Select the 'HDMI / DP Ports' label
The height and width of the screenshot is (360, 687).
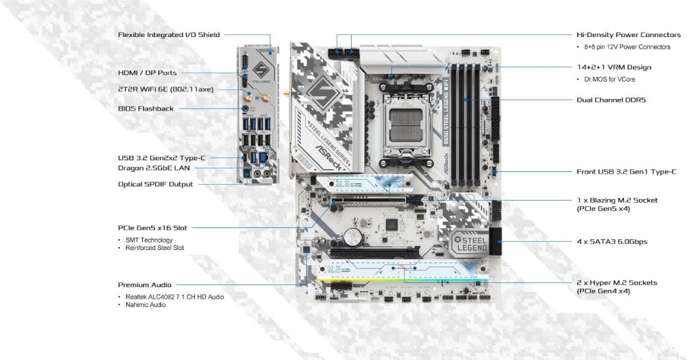[147, 72]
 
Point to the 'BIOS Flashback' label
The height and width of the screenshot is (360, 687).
[146, 109]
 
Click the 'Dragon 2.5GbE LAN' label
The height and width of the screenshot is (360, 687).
[154, 167]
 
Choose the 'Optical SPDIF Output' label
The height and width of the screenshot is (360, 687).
[155, 184]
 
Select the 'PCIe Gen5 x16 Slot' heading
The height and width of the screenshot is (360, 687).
[153, 227]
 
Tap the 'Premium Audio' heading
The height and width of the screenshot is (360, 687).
[145, 284]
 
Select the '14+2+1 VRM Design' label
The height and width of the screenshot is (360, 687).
[614, 67]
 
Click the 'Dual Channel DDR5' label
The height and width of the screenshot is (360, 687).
[611, 100]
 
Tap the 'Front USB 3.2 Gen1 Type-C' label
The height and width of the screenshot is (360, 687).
[627, 172]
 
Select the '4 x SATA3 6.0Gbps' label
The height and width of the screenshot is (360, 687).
[611, 242]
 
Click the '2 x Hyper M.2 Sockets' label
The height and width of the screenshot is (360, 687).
[617, 282]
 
